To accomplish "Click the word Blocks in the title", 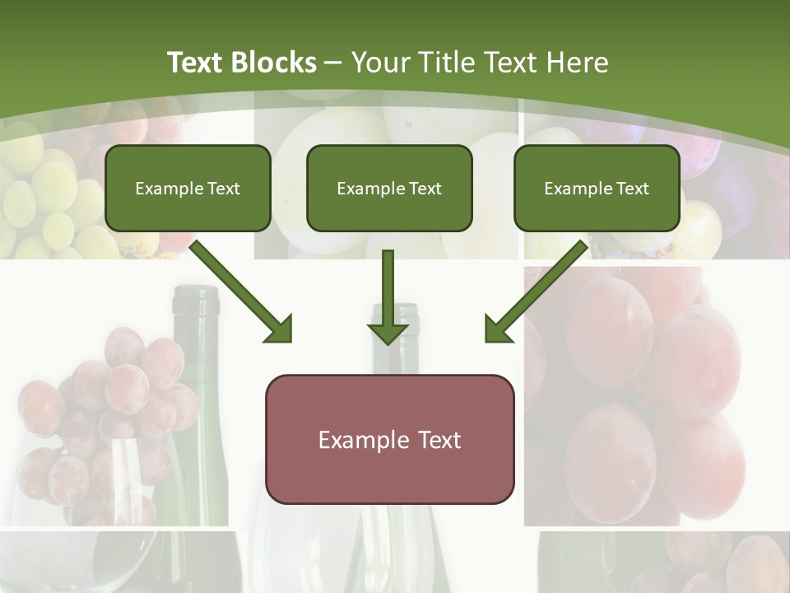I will [x=276, y=63].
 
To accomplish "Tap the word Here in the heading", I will [x=575, y=63].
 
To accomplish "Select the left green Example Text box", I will [x=188, y=188].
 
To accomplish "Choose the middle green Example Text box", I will [x=389, y=188].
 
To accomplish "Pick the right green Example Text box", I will [x=597, y=188].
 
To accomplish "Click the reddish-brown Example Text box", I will [x=389, y=439].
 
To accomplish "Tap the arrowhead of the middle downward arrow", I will [x=388, y=333].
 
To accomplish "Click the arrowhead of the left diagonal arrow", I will [x=279, y=329].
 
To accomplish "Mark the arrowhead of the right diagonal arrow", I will [x=499, y=329].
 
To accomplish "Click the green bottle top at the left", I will [x=196, y=301].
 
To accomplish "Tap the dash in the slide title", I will [x=333, y=63].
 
